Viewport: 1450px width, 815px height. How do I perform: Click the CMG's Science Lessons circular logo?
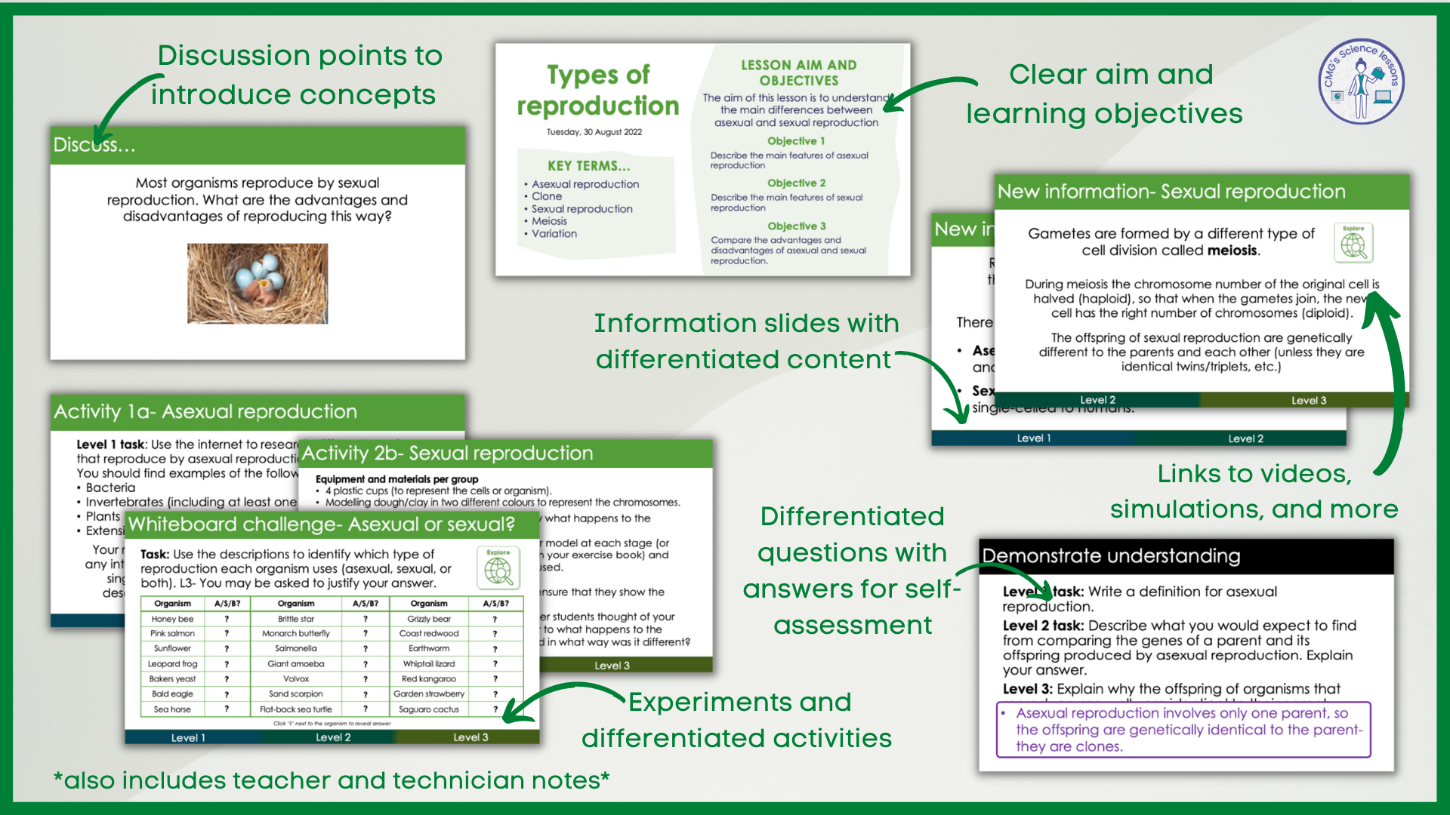click(1361, 81)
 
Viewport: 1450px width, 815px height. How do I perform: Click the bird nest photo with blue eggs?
click(258, 283)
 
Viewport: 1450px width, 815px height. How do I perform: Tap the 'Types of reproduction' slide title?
click(598, 91)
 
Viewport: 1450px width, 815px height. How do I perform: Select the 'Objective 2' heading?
click(796, 183)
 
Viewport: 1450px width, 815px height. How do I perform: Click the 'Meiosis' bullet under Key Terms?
click(549, 221)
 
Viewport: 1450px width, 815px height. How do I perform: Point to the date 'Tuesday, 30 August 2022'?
click(594, 132)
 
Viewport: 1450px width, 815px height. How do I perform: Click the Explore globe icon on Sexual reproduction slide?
click(1353, 243)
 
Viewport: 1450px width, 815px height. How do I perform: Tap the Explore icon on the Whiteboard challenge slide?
click(498, 568)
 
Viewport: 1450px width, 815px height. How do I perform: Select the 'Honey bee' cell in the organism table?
click(172, 619)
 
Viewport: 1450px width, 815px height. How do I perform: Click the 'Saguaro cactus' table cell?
click(429, 709)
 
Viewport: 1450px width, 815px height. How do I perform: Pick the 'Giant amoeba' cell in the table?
click(296, 664)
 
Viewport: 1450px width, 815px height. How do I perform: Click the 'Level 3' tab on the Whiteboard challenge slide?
click(470, 737)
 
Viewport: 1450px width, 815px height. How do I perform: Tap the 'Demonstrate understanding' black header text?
click(1111, 556)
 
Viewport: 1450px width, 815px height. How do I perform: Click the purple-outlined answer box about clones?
click(1183, 730)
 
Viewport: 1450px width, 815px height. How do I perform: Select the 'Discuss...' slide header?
click(94, 145)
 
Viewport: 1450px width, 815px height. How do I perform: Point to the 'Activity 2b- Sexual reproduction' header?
click(448, 454)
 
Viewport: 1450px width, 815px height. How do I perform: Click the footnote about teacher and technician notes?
click(332, 780)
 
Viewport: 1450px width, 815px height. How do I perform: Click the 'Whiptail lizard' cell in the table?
click(429, 664)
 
